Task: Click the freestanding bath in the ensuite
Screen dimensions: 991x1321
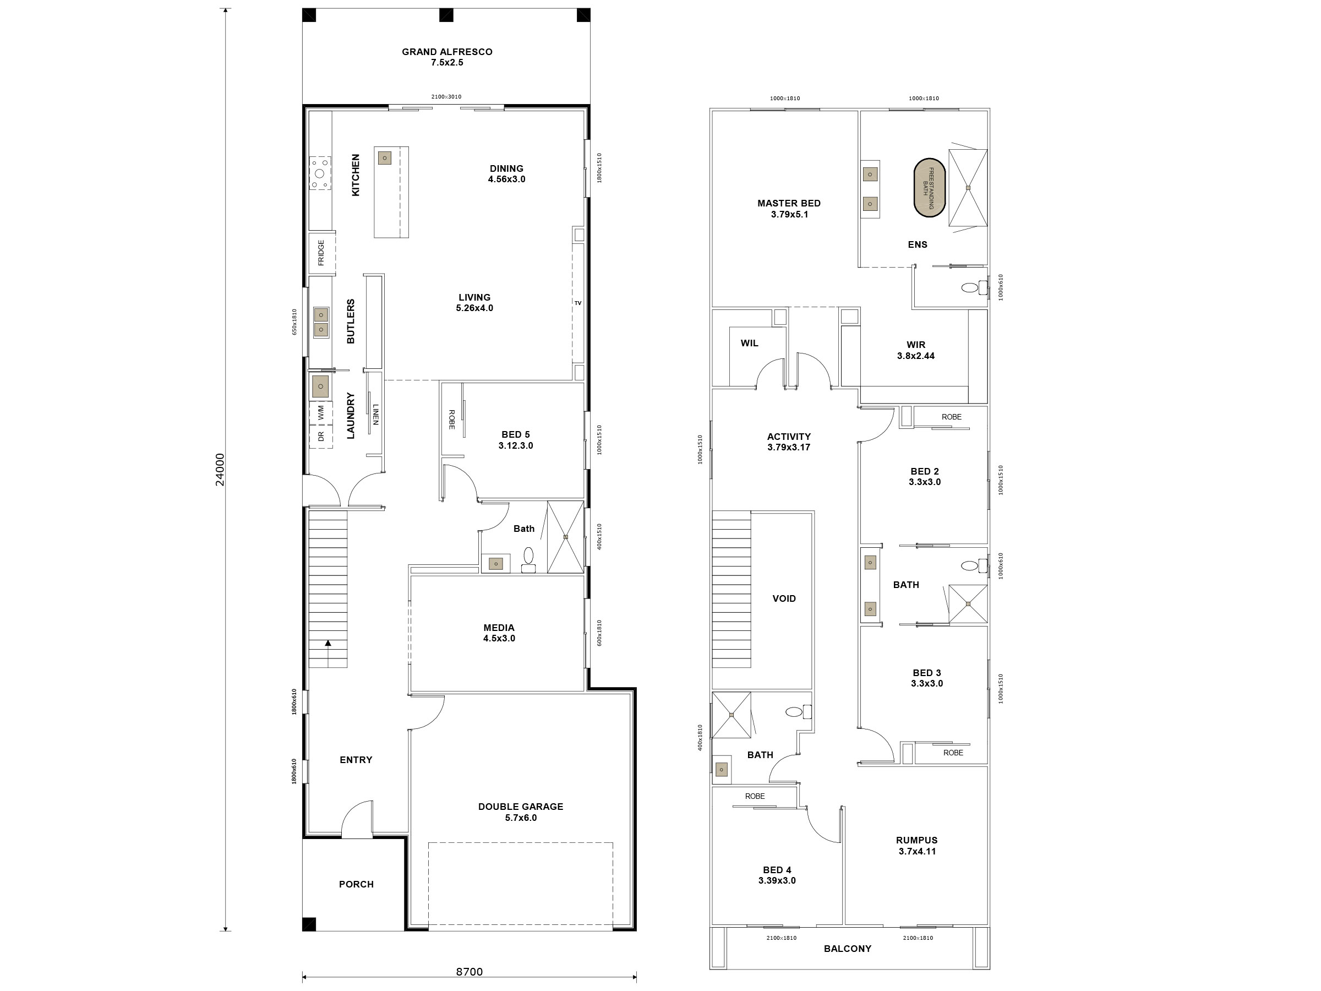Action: coord(929,188)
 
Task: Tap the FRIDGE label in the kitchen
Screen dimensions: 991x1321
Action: coord(321,253)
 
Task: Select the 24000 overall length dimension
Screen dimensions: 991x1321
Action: coord(220,469)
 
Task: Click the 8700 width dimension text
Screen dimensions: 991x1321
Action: coord(469,972)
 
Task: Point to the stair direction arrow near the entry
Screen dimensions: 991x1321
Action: coord(328,644)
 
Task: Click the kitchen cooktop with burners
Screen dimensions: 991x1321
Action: coord(319,173)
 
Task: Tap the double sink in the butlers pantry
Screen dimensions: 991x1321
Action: coord(321,322)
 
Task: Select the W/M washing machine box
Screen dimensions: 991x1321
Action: coord(321,412)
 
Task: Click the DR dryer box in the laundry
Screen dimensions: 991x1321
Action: coord(321,436)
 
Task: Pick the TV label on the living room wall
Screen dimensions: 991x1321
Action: coord(577,303)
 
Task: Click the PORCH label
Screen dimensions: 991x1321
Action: coord(356,884)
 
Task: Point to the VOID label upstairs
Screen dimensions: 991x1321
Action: coord(784,598)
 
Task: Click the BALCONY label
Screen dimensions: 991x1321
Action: coord(847,949)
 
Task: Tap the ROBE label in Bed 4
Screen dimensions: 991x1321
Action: coord(754,796)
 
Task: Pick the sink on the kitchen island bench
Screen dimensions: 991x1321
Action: coord(385,157)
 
